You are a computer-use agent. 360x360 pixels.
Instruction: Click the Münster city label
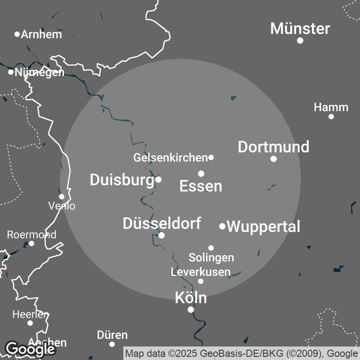[x=300, y=29]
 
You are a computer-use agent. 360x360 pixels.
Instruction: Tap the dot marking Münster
[x=300, y=40]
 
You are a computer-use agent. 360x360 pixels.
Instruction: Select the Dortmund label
[x=274, y=147]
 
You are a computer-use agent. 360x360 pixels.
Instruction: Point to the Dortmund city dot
[x=274, y=158]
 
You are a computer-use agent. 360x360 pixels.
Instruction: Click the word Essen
[x=201, y=186]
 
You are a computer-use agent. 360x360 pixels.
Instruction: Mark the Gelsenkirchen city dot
[x=211, y=157]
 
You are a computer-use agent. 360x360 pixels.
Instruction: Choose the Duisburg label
[x=122, y=180]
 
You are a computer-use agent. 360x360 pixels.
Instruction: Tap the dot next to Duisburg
[x=158, y=180]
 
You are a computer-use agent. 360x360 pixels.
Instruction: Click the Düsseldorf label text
[x=162, y=223]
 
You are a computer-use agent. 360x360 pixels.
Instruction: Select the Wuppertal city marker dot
[x=222, y=226]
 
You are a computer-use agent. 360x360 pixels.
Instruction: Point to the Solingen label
[x=211, y=257]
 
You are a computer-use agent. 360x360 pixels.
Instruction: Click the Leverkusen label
[x=201, y=272]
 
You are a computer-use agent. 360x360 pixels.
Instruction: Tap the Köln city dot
[x=191, y=310]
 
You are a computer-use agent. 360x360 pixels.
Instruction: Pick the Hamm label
[x=331, y=108]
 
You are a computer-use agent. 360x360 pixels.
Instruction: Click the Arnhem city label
[x=41, y=34]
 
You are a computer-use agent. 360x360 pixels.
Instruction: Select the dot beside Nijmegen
[x=11, y=72]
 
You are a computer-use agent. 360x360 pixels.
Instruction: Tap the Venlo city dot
[x=62, y=197]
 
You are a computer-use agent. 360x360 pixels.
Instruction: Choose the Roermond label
[x=31, y=234]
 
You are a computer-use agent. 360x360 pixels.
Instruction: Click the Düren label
[x=112, y=335]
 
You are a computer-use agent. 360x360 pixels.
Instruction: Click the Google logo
[x=30, y=349]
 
